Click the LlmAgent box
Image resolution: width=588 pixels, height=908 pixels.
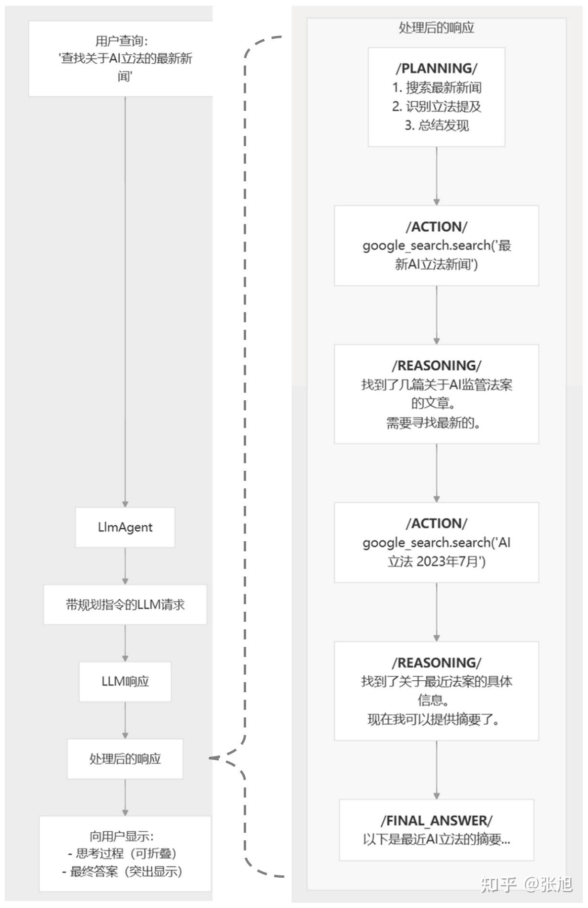point(125,527)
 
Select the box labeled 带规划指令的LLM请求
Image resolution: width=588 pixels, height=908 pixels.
point(125,604)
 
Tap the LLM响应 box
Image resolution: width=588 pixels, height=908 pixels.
point(125,681)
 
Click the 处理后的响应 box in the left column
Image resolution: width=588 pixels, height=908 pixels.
point(125,758)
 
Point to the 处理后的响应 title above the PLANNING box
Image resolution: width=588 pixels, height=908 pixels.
point(436,28)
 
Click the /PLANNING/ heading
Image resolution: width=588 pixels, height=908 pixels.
point(436,68)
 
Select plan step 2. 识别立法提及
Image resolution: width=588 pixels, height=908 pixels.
point(436,106)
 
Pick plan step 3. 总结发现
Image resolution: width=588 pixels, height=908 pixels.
point(436,126)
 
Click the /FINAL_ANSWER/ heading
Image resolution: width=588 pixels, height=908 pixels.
point(436,820)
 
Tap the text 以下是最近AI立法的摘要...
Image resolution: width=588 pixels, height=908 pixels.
point(436,839)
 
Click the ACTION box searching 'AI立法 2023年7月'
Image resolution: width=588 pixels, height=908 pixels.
point(436,542)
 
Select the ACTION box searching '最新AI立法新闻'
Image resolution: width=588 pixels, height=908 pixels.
point(436,245)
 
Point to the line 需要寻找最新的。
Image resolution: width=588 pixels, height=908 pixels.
point(433,423)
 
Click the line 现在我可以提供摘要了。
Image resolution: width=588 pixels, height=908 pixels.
point(433,720)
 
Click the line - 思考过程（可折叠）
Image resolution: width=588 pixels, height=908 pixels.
point(123,853)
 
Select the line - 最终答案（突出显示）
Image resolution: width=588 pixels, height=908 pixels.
point(123,872)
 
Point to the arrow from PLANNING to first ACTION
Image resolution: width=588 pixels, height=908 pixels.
point(436,176)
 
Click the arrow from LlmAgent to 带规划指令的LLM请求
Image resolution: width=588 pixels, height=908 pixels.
point(125,566)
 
